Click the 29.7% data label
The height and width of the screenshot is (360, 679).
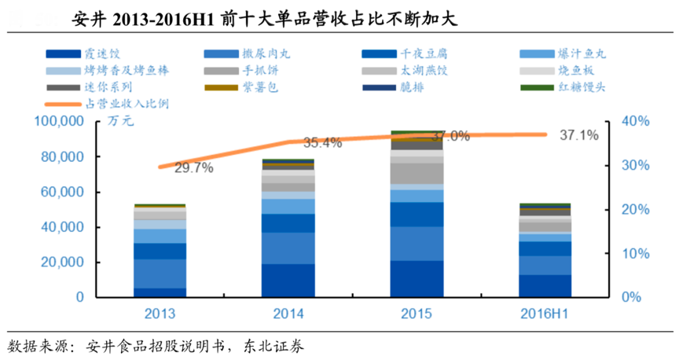[x=193, y=168]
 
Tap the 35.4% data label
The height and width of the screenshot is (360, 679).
[x=322, y=143]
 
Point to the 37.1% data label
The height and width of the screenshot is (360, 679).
[x=579, y=135]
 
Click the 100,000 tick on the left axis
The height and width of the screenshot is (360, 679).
[x=58, y=122]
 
